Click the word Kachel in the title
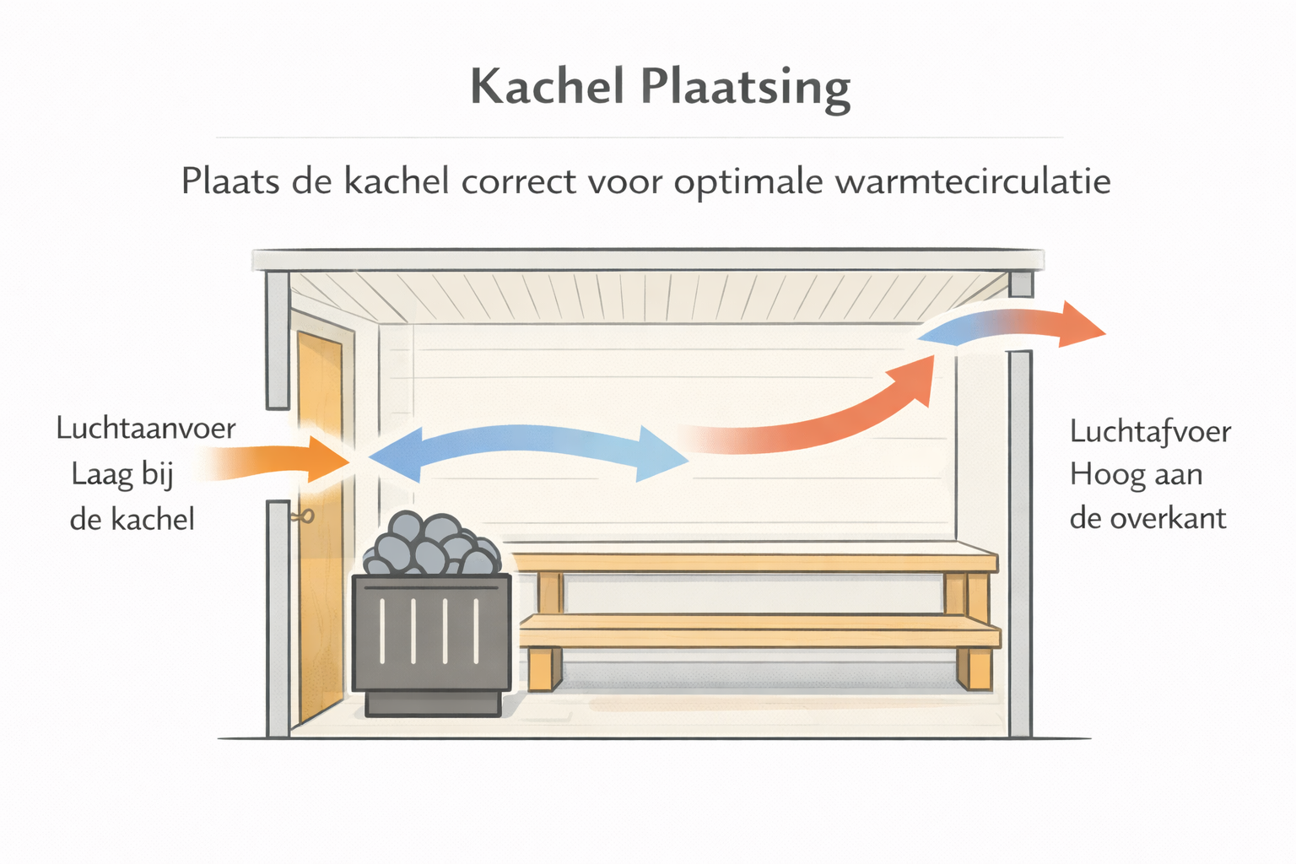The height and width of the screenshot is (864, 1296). tap(548, 86)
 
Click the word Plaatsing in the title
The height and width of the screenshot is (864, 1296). tap(746, 89)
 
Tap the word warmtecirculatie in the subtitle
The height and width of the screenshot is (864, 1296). tap(973, 181)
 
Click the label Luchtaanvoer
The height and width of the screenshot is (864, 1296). tap(146, 429)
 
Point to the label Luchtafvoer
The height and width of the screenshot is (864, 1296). tap(1150, 432)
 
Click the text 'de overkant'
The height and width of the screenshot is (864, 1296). tap(1147, 518)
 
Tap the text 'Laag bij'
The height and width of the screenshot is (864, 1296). tap(122, 475)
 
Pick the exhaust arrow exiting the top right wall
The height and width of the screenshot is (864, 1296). tap(1012, 326)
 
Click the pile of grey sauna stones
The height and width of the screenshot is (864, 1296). tap(432, 543)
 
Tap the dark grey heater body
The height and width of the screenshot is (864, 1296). tap(432, 633)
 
